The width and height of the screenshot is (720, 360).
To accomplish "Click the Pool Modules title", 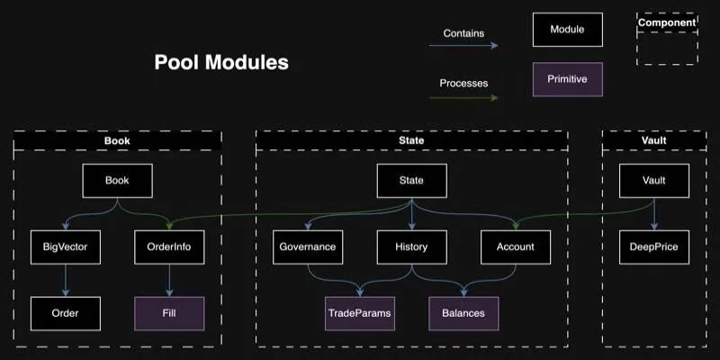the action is [221, 62].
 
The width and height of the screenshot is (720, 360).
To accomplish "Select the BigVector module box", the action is [66, 247].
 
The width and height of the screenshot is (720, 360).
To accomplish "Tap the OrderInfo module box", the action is [169, 247].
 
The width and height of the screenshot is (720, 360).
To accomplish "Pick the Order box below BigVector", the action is [66, 313].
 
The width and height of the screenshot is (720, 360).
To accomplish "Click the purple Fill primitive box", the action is [169, 313].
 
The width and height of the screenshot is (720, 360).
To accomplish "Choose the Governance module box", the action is [308, 247].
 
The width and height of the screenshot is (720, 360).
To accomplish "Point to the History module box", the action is [412, 247].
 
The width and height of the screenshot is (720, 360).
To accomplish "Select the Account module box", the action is [516, 247].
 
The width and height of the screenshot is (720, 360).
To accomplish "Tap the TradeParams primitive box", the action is [360, 313].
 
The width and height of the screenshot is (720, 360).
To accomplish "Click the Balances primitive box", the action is [463, 313].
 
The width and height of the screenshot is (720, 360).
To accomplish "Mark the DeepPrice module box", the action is [654, 247].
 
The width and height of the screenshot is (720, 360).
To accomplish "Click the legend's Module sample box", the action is [568, 30].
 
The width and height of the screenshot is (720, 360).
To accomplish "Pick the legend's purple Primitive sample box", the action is [568, 79].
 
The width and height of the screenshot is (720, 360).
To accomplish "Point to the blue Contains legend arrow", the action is [463, 46].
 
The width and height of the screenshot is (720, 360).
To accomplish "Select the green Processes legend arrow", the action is [463, 97].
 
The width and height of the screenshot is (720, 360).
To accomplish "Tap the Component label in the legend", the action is [667, 22].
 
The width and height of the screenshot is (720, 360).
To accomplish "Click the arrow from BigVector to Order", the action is [66, 280].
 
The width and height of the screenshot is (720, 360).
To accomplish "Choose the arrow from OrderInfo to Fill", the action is [169, 280].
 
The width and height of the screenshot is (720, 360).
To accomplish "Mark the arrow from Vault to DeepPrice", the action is [654, 214].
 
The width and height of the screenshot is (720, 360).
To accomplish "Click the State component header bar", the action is [412, 140].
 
